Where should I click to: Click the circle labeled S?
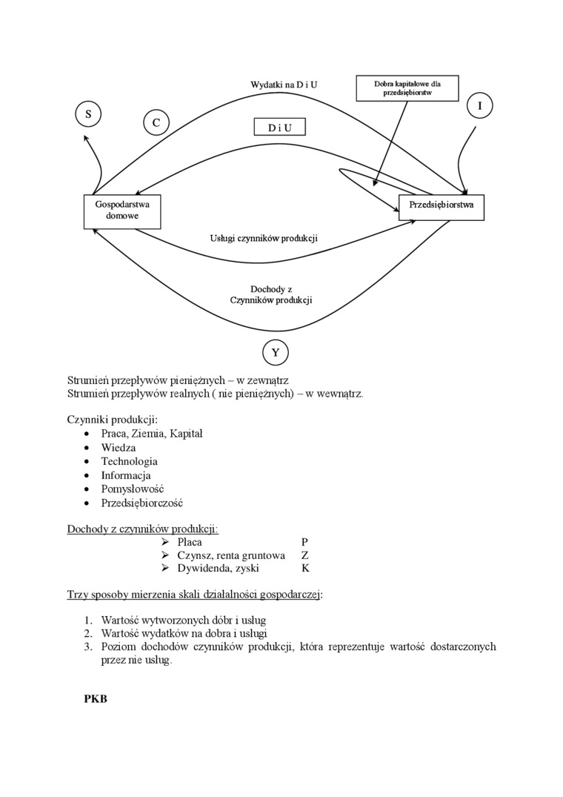[88, 114]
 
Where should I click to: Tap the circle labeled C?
[156, 122]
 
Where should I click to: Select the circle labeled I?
[480, 106]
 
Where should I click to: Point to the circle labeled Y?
[276, 352]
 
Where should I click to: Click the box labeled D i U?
[279, 128]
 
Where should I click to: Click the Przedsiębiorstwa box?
[442, 205]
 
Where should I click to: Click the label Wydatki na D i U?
[284, 85]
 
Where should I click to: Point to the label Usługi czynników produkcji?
[264, 239]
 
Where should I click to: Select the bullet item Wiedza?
[119, 448]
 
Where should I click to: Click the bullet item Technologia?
[130, 461]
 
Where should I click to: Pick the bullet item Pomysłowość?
[133, 489]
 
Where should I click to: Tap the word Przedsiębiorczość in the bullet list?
[141, 503]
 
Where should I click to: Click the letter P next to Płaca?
[305, 542]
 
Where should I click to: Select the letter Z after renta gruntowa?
[305, 555]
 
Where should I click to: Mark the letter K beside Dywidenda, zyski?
[305, 569]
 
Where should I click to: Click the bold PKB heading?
[96, 698]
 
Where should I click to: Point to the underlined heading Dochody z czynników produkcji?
[143, 529]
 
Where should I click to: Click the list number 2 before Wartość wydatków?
[87, 633]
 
